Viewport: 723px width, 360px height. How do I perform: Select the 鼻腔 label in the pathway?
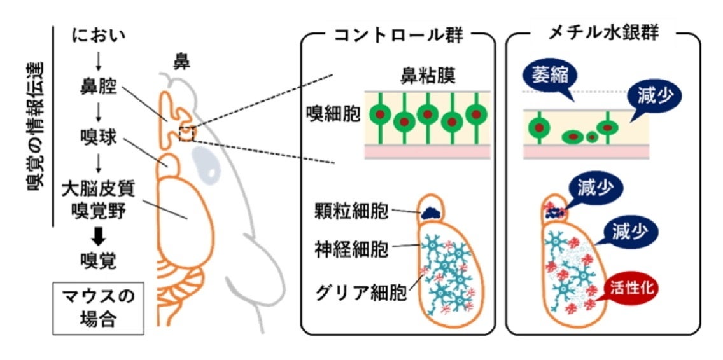[x=99, y=85]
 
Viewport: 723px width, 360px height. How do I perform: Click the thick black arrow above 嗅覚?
[x=99, y=237]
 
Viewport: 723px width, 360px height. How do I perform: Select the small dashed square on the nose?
[x=186, y=134]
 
